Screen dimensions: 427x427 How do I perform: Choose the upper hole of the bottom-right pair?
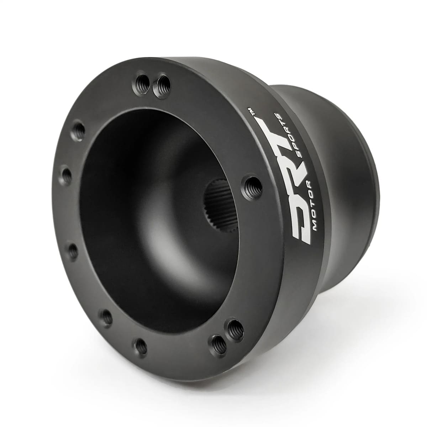tap(234, 329)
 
